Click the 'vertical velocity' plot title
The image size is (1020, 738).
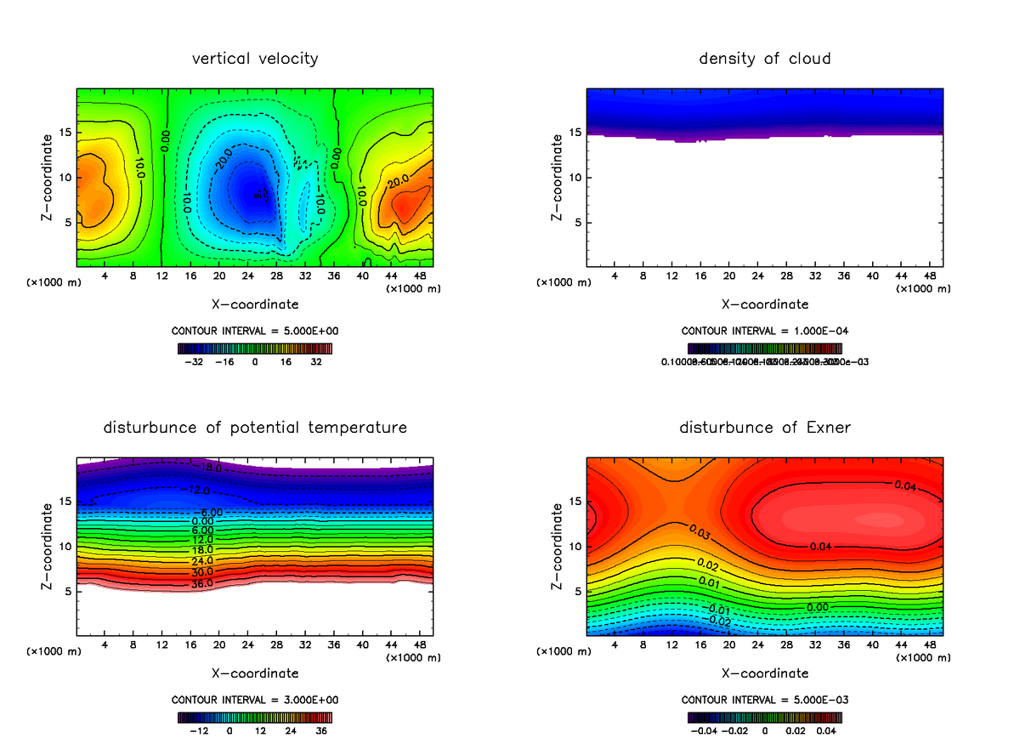click(x=255, y=59)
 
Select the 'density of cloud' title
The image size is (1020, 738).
click(x=765, y=59)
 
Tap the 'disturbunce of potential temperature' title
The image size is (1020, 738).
click(x=255, y=428)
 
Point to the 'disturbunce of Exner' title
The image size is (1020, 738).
click(x=765, y=428)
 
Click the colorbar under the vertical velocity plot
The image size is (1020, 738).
click(x=255, y=349)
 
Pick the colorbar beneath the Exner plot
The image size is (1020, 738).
click(x=765, y=718)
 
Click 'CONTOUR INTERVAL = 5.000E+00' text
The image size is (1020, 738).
click(x=255, y=331)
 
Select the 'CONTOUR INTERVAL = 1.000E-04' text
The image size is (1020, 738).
click(x=765, y=331)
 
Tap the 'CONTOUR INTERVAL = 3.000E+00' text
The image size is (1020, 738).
click(x=255, y=700)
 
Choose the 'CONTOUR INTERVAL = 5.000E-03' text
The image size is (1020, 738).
click(x=765, y=700)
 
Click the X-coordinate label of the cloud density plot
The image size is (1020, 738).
click(x=765, y=304)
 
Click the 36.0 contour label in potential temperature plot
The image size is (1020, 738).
click(x=201, y=583)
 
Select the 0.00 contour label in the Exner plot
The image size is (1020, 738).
click(x=817, y=607)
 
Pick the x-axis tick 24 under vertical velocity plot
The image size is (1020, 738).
click(x=247, y=276)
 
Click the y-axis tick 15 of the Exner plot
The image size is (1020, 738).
click(x=575, y=501)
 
